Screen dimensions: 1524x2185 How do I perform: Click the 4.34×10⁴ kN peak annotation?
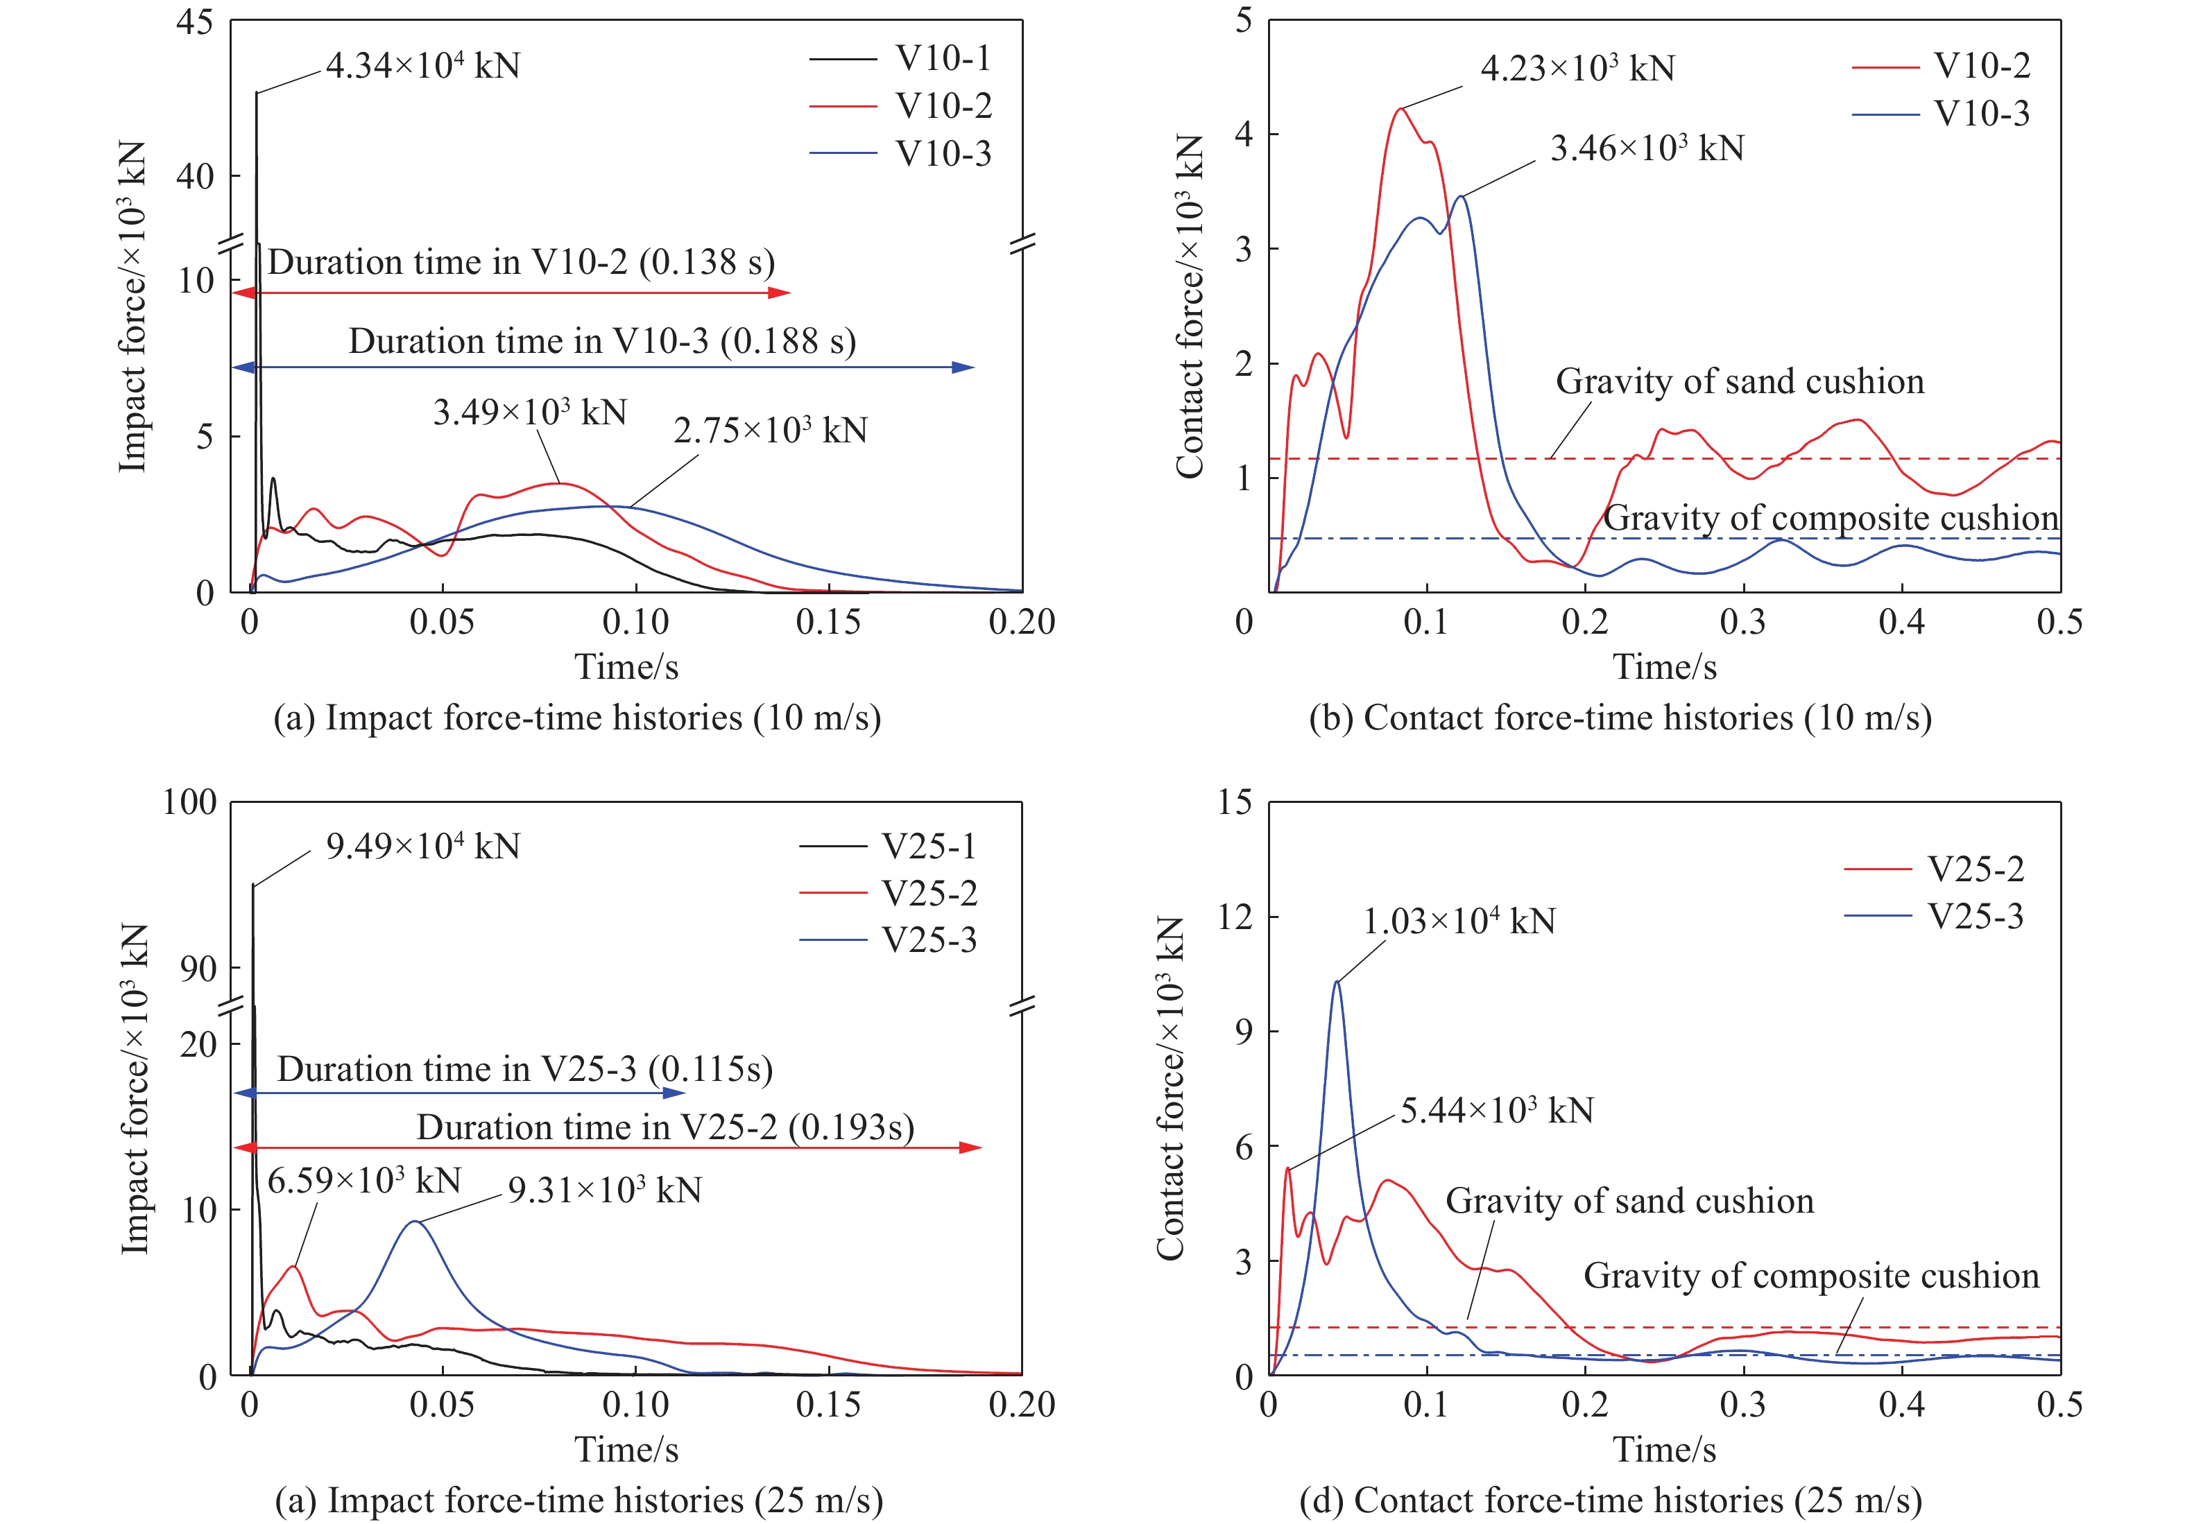click(x=422, y=66)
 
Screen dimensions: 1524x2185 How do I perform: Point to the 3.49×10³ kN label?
click(x=530, y=412)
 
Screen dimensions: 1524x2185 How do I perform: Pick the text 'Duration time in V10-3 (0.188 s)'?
click(x=601, y=340)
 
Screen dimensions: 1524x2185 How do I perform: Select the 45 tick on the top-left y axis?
click(x=195, y=22)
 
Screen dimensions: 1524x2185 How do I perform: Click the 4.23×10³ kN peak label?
click(x=1577, y=69)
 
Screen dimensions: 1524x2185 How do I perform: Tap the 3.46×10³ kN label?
click(x=1647, y=148)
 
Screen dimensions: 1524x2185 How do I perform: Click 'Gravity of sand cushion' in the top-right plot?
click(x=1740, y=381)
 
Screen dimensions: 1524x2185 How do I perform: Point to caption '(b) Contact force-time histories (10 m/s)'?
click(x=1620, y=718)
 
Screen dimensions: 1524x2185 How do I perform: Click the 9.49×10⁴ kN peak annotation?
click(x=422, y=846)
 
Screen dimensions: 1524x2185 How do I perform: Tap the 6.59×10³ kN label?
click(x=363, y=1181)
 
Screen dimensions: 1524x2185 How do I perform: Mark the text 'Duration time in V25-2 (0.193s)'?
click(x=665, y=1127)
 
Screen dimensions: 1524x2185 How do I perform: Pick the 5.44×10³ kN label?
click(x=1497, y=1110)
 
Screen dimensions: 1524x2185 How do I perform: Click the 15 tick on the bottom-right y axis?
click(x=1235, y=802)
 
